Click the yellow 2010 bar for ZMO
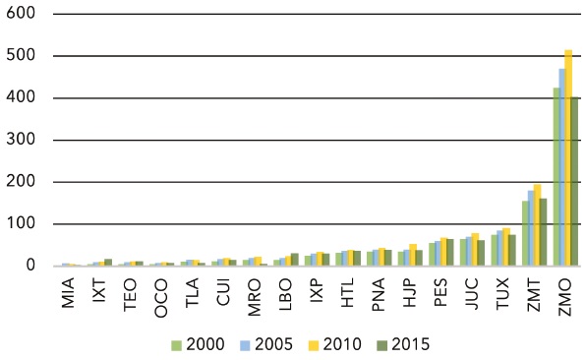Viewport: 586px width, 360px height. [568, 157]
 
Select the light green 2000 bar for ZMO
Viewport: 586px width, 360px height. [557, 177]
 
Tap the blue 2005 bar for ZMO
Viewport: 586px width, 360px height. [562, 167]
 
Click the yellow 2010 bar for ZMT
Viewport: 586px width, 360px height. [538, 225]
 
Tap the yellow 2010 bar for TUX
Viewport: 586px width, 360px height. [507, 247]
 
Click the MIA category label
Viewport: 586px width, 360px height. [68, 292]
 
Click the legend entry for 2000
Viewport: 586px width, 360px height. [197, 344]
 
